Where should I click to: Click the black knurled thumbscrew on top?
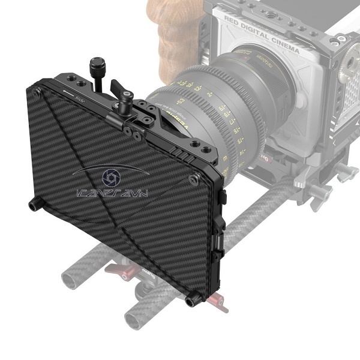pos(97,65)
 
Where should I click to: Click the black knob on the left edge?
pos(35,206)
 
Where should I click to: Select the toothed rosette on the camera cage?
pos(349,71)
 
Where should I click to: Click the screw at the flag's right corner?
pos(193,179)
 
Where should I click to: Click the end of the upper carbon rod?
pos(71,280)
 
